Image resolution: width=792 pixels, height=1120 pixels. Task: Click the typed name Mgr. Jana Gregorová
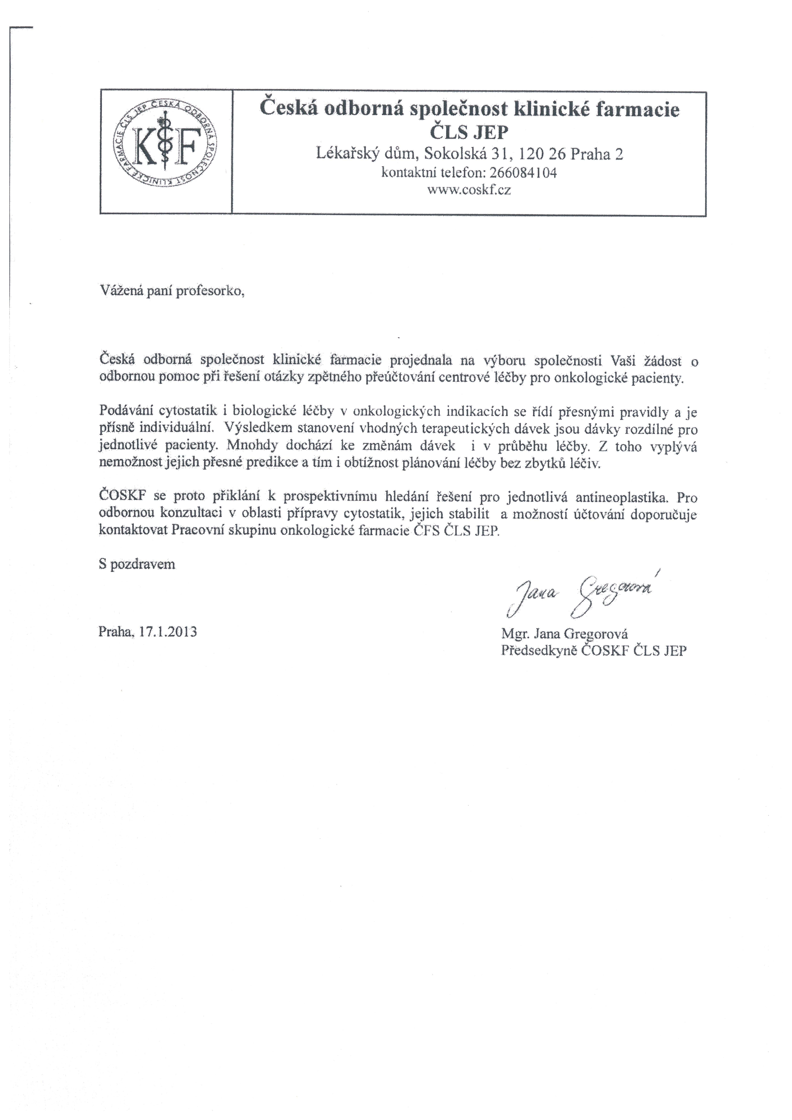(564, 634)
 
